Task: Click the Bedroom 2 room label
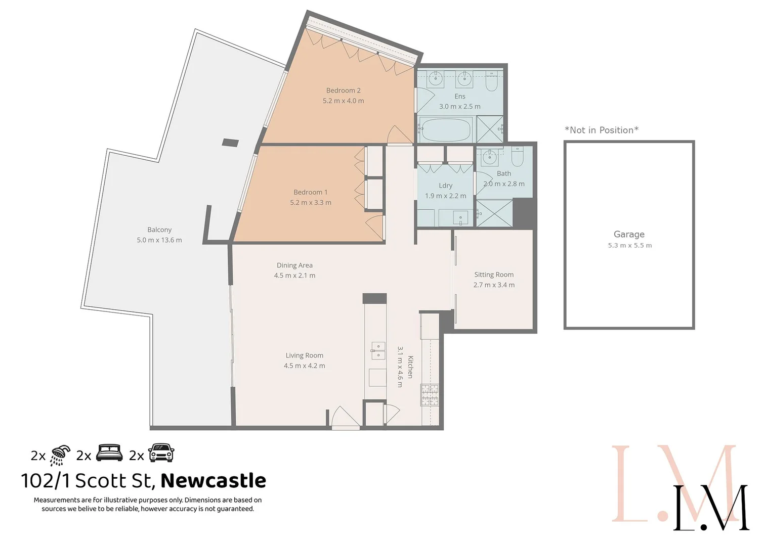pos(343,90)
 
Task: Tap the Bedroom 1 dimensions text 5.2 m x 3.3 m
pos(310,203)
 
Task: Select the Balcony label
pos(159,230)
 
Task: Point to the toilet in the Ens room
pos(491,81)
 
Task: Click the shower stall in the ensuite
pos(489,129)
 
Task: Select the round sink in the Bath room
pos(489,157)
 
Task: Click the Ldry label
pos(445,186)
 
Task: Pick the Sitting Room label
pos(493,275)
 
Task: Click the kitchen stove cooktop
pos(430,395)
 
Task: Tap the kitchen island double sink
pos(378,350)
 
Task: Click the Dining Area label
pos(294,265)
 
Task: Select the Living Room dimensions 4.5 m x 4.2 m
pos(304,366)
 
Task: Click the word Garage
pos(629,235)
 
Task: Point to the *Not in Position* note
pos(601,130)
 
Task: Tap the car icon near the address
pos(161,453)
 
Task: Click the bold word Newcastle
pos(213,480)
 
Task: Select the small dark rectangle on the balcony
pos(230,143)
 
